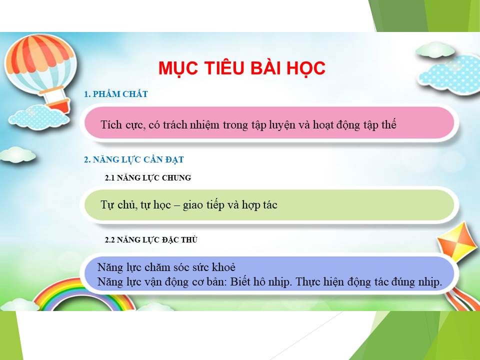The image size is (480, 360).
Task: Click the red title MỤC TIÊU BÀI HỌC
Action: pos(242,68)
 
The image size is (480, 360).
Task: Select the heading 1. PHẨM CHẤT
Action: pos(115,94)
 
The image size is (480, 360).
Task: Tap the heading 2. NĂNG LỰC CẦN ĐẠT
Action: pos(134,159)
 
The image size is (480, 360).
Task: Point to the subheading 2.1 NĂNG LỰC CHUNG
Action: pos(148,178)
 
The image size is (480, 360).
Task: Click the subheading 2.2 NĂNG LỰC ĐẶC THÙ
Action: pos(151,239)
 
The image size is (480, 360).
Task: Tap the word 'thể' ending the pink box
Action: pos(389,124)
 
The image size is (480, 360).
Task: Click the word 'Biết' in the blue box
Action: pos(240,281)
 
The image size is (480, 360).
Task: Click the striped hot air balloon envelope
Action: pos(40,63)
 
